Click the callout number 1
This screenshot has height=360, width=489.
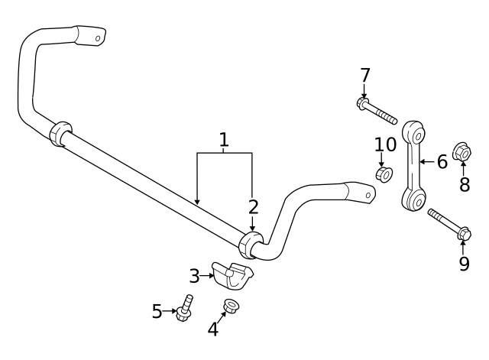[224, 140]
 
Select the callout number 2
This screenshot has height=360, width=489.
[253, 206]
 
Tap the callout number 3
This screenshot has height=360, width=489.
[195, 274]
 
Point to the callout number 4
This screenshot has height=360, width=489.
[213, 329]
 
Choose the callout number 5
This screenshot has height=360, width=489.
[157, 311]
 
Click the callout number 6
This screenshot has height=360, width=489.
[442, 161]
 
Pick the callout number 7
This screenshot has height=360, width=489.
[365, 75]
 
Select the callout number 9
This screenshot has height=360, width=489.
[464, 264]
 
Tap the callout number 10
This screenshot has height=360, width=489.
[385, 144]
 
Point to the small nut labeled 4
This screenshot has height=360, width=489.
[228, 308]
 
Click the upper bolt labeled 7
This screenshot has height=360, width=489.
[376, 111]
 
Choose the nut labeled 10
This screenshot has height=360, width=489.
[384, 175]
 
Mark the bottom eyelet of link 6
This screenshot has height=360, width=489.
[414, 200]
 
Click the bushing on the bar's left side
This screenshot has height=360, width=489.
[60, 133]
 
